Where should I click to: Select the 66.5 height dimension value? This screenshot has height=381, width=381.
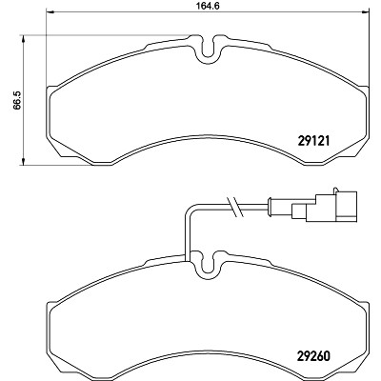tap(17, 100)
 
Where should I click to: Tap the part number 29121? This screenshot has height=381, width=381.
tap(314, 140)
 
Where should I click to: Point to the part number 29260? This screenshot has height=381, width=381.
tap(314, 355)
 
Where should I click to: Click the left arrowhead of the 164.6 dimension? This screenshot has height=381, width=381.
tap(50, 12)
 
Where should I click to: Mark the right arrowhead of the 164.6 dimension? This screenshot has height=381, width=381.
tap(365, 12)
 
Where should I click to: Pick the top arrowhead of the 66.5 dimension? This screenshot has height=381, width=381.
tap(23, 39)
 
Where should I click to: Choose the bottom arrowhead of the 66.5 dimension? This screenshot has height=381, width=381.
tap(23, 161)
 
